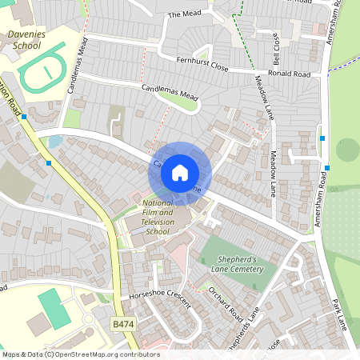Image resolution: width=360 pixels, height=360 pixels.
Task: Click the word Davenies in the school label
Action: [x=28, y=35]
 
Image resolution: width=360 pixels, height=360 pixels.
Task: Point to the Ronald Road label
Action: [x=289, y=74]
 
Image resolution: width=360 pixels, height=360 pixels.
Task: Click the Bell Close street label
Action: [x=276, y=50]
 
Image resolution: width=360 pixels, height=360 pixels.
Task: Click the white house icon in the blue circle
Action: [x=180, y=172]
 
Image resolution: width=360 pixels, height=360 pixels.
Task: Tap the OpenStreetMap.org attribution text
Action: [x=94, y=354]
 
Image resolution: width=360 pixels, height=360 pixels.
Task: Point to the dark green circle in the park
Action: [x=348, y=150]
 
